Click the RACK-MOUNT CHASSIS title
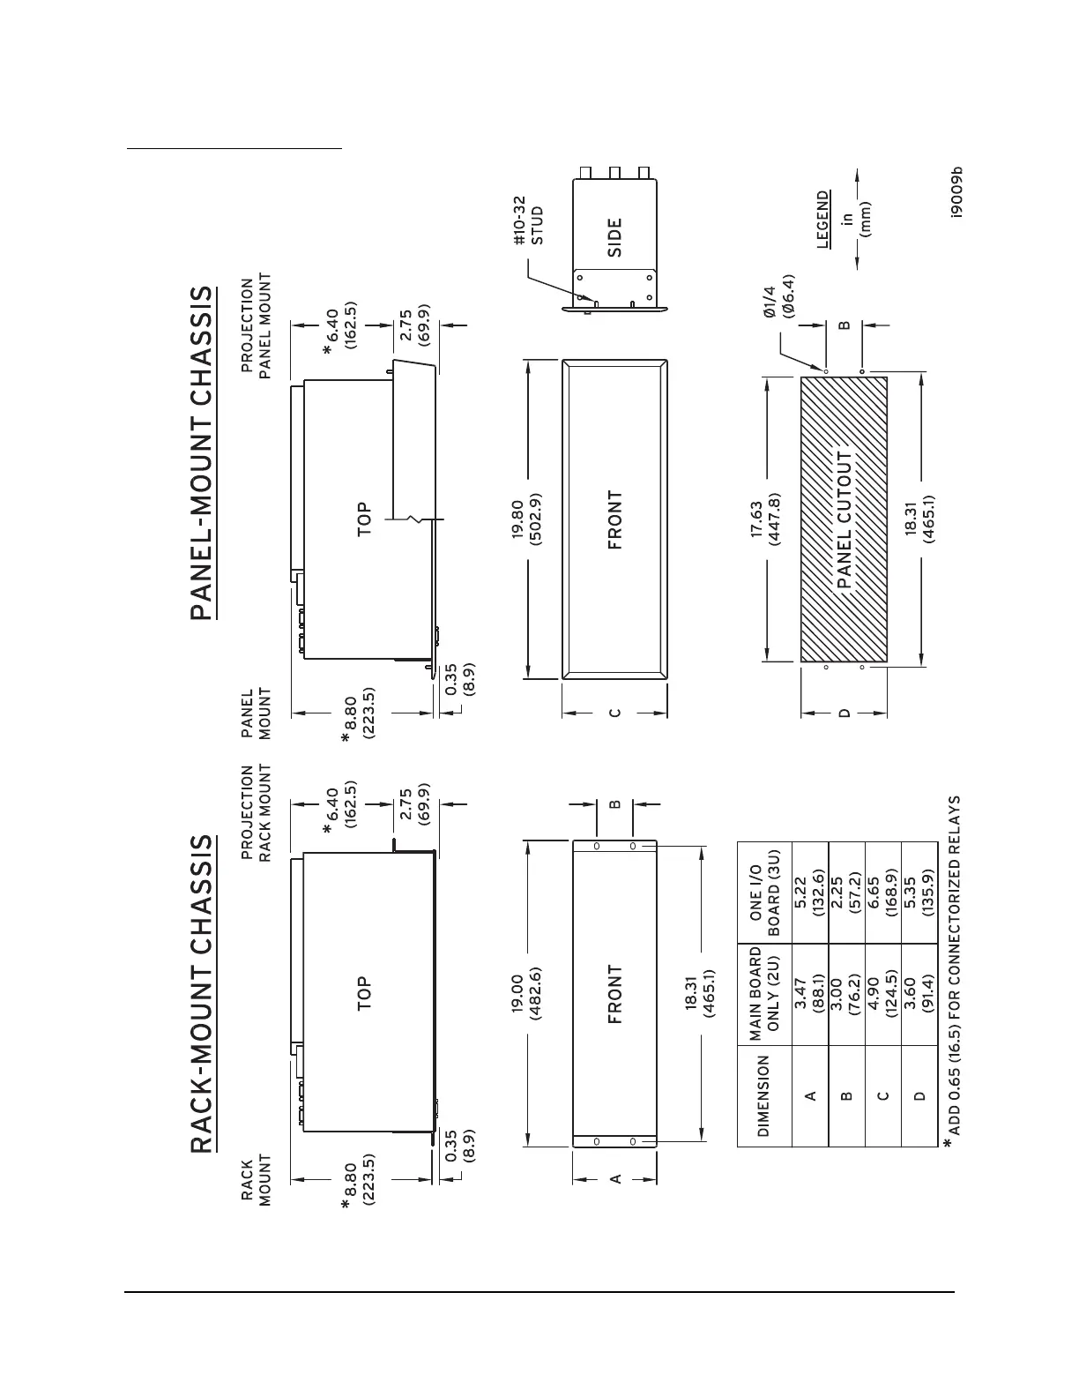click(x=202, y=994)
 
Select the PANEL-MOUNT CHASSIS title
click(x=202, y=452)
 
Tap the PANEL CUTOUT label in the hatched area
click(x=845, y=520)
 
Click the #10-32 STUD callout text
click(x=527, y=220)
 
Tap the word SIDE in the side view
click(x=614, y=236)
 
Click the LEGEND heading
click(x=823, y=220)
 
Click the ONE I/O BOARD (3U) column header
click(x=763, y=898)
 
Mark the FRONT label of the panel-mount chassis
click(x=614, y=520)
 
